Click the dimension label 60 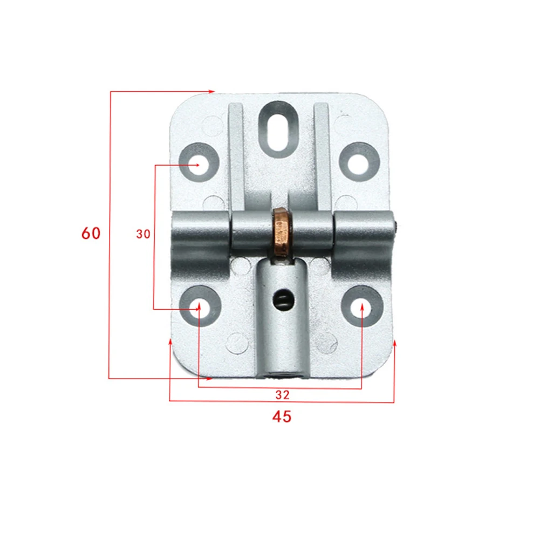[x=91, y=234]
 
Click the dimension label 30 [x=143, y=234]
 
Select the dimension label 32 [x=282, y=395]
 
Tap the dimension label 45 [x=282, y=416]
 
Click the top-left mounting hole [x=198, y=162]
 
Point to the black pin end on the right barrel [x=397, y=225]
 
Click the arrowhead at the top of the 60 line [x=212, y=92]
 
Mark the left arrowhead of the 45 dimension [x=170, y=342]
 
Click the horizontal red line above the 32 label [x=281, y=388]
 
